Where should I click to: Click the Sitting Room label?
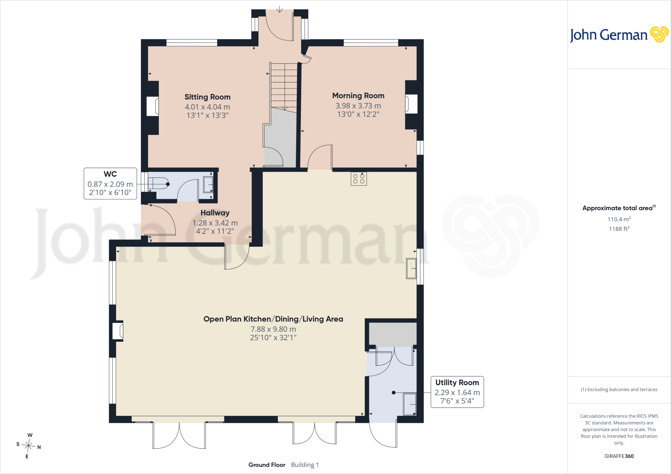click(x=207, y=97)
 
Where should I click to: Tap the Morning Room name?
click(x=358, y=96)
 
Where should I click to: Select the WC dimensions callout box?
click(x=110, y=183)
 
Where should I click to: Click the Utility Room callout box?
click(x=457, y=392)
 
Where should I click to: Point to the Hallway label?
click(x=215, y=213)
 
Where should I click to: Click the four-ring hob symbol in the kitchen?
click(x=359, y=179)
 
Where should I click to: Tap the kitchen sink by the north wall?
click(x=411, y=268)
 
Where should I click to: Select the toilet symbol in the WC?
click(x=159, y=184)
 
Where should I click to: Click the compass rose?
click(x=29, y=446)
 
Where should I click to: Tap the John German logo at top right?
click(x=619, y=35)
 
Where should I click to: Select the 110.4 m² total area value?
click(x=619, y=219)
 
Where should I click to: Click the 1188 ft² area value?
click(x=619, y=228)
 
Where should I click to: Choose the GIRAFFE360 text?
click(x=619, y=456)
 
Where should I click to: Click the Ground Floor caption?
click(x=267, y=465)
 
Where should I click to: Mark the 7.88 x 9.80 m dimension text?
click(x=273, y=329)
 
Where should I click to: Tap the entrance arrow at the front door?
click(x=279, y=9)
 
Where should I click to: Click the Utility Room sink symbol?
click(x=410, y=404)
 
